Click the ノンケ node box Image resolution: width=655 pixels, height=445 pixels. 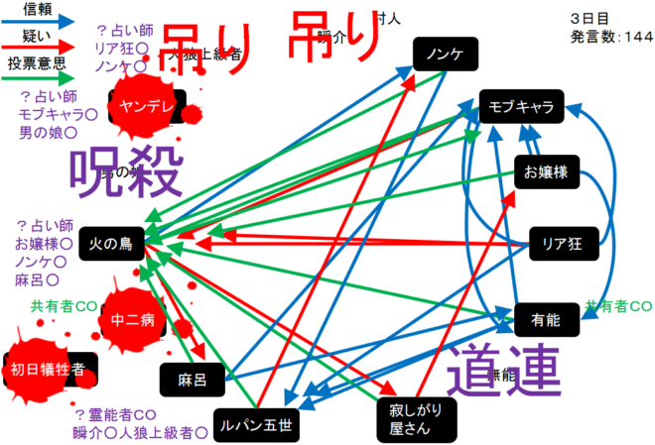click(x=444, y=55)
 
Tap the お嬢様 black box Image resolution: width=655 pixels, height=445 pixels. click(x=546, y=172)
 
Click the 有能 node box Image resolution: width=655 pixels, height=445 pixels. click(x=546, y=319)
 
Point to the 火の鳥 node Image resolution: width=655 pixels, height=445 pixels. click(x=111, y=241)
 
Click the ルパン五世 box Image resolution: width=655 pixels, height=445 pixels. click(x=256, y=423)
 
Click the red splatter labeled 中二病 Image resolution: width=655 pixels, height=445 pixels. click(x=132, y=319)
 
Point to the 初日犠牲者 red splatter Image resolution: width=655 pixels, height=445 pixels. click(x=48, y=371)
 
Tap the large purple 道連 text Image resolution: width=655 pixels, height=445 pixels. click(x=504, y=370)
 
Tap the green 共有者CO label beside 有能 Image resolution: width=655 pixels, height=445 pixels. click(x=618, y=305)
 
